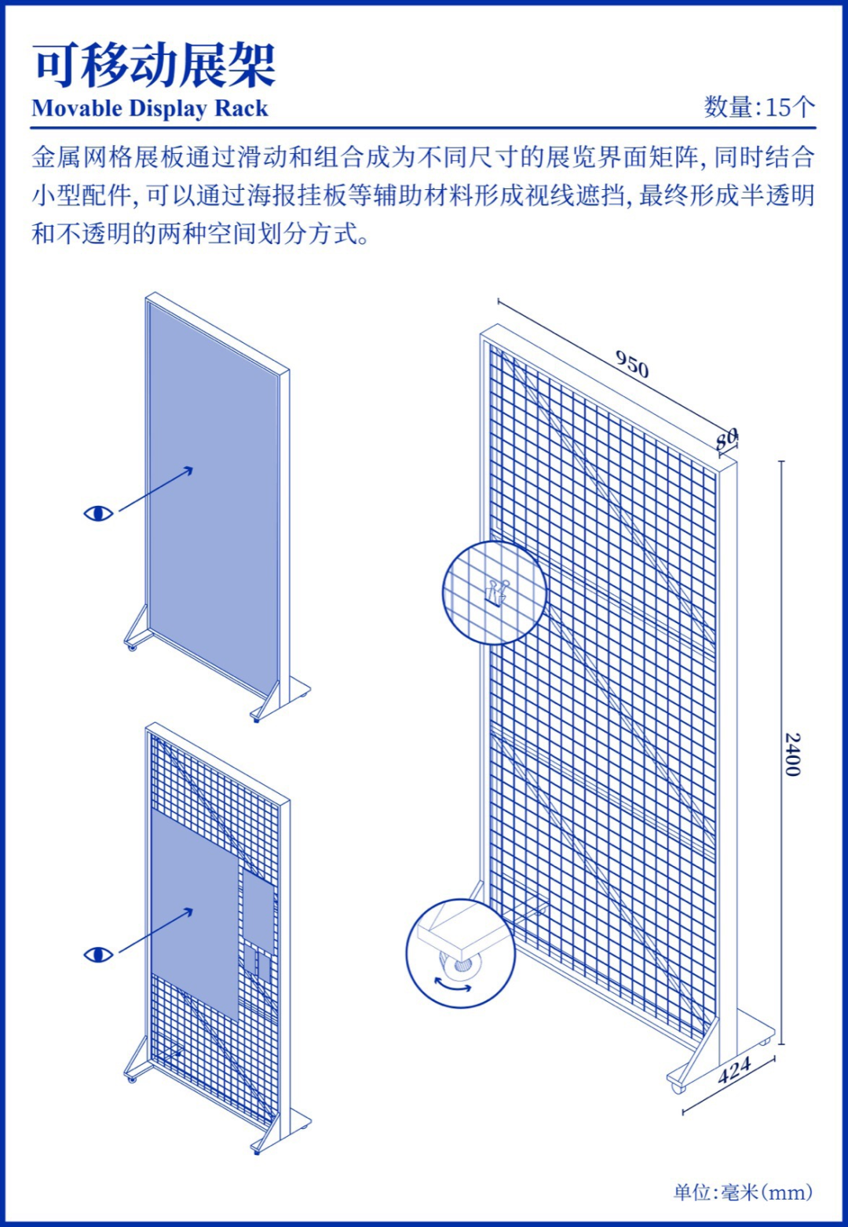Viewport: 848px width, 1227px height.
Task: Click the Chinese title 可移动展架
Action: (154, 67)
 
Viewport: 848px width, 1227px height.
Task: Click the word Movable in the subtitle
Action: (77, 108)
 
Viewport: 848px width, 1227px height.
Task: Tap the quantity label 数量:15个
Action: (760, 107)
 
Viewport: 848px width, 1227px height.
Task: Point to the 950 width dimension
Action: (632, 364)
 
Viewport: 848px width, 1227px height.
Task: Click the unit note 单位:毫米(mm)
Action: (743, 1192)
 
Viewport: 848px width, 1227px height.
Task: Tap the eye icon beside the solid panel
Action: (99, 513)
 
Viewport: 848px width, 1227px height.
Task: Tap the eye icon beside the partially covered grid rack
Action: (99, 955)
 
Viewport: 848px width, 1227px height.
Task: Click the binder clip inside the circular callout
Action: (496, 592)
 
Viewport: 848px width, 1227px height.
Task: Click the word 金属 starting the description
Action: (57, 158)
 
